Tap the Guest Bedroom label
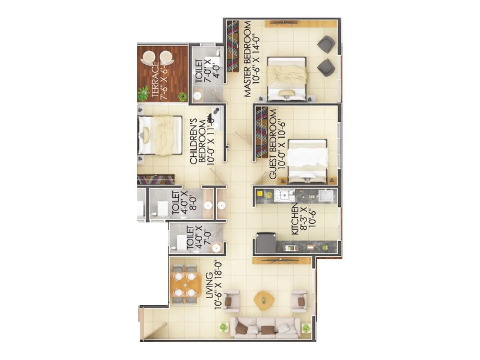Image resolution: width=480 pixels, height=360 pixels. [278, 144]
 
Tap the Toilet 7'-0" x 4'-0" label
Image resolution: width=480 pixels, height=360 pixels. [204, 71]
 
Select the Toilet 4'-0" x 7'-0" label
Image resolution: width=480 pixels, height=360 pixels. [195, 238]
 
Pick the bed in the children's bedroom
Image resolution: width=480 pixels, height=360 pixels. [160, 135]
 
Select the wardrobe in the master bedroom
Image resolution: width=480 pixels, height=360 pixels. [233, 46]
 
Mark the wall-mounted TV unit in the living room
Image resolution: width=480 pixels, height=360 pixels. [282, 260]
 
